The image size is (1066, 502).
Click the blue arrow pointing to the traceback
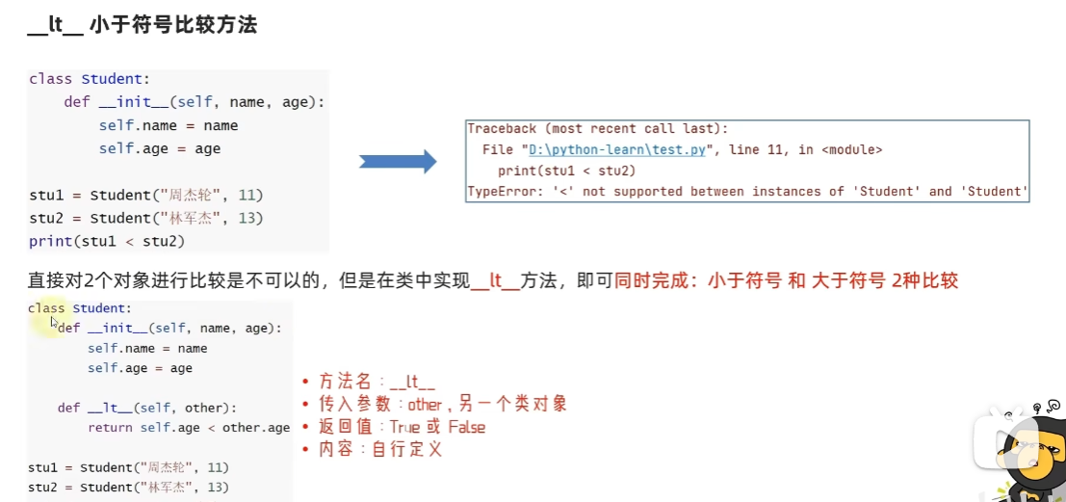click(x=398, y=161)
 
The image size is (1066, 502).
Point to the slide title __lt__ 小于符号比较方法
click(x=143, y=26)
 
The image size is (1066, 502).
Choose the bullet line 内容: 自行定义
click(x=373, y=450)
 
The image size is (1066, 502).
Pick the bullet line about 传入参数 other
click(x=434, y=405)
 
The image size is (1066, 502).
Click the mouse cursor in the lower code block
click(x=54, y=322)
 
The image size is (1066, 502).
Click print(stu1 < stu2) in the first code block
click(x=107, y=242)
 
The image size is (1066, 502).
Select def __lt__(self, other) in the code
click(x=146, y=409)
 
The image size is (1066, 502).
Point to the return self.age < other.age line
click(x=189, y=428)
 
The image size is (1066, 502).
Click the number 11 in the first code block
click(x=247, y=196)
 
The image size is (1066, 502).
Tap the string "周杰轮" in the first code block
click(x=191, y=196)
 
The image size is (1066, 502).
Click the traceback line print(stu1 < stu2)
click(x=566, y=171)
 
